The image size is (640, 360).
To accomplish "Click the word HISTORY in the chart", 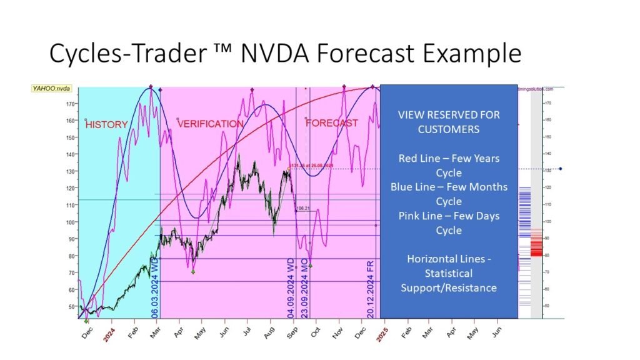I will (x=106, y=124).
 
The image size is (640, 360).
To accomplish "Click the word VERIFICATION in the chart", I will (x=211, y=124).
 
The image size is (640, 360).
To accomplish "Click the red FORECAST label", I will (x=332, y=123).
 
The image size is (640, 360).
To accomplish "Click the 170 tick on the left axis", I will (x=71, y=104).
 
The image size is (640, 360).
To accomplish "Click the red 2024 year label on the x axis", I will (x=109, y=336).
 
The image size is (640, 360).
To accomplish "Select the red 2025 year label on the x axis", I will (x=382, y=336).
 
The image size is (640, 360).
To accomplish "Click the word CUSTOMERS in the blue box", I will (x=449, y=129).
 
